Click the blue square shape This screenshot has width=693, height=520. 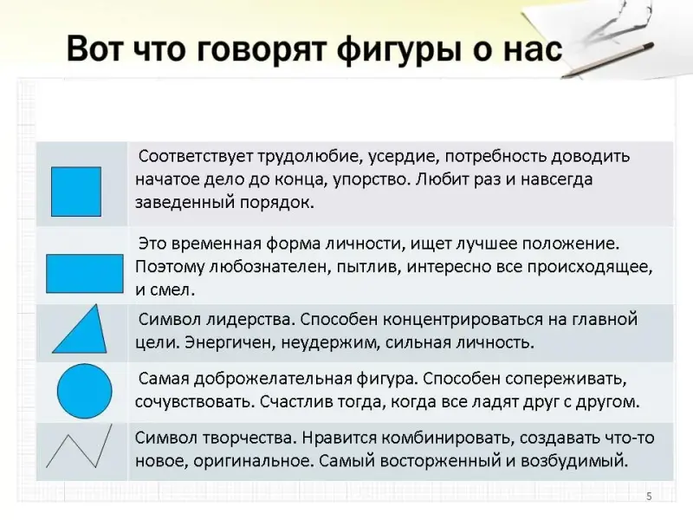pyautogui.click(x=76, y=192)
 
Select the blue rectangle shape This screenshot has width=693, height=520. pyautogui.click(x=84, y=273)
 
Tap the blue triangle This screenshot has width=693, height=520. pyautogui.click(x=80, y=328)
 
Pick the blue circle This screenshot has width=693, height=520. pyautogui.click(x=84, y=392)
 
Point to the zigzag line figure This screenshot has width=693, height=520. pyautogui.click(x=80, y=446)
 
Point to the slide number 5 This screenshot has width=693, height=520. pyautogui.click(x=649, y=496)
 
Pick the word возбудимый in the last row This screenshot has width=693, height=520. pyautogui.click(x=574, y=461)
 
